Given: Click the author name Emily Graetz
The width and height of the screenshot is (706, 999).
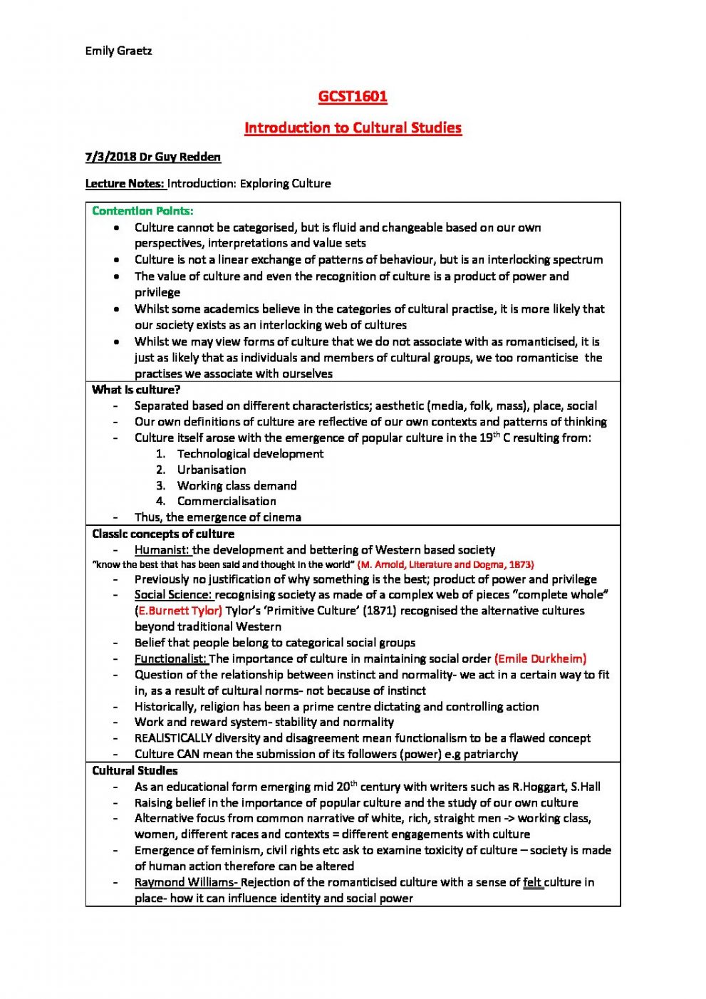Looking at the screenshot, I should coord(118,51).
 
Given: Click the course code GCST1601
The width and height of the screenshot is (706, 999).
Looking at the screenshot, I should coord(353,96).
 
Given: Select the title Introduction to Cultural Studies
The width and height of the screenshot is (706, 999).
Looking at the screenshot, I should coord(353,128).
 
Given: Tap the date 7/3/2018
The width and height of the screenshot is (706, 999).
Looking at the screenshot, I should coord(110,157).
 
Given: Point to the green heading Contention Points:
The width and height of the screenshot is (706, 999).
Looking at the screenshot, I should coord(142,211).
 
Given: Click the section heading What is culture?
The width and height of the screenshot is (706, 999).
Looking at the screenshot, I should coord(136,390).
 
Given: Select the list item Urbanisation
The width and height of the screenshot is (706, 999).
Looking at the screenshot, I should coord(212,470).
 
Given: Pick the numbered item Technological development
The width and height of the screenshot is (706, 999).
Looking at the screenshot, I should coord(250,454).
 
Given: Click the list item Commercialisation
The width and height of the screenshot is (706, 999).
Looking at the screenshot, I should coord(227,501).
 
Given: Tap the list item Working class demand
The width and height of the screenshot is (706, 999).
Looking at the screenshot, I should coord(237,485).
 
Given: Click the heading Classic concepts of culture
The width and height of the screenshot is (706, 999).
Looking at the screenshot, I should coord(163,534).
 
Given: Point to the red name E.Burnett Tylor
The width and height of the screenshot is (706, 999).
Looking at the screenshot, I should coord(179,611).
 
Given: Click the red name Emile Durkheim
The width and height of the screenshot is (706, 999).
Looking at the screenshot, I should coord(540,658).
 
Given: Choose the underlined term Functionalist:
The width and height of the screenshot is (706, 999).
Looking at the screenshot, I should coord(171,658).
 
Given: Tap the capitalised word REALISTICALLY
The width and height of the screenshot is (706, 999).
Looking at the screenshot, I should coord(173,738).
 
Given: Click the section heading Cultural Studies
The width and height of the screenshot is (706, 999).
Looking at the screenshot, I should coord(135,770).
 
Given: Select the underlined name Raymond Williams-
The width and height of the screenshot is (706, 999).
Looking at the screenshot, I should coord(186,882).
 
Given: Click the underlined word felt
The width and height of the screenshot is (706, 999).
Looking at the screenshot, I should coord(532,882).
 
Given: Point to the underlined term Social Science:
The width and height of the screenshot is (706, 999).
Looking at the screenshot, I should coord(173,594).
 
